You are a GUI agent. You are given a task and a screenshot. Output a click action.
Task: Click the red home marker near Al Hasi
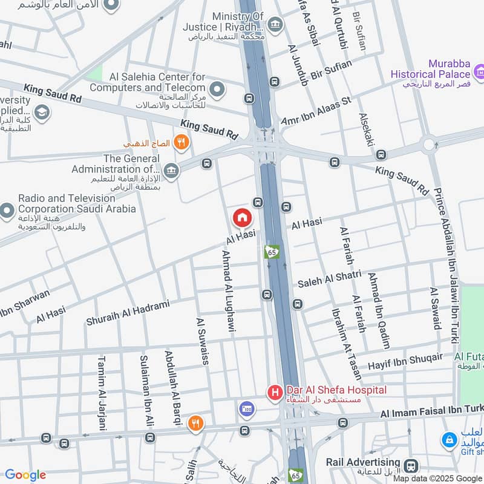[x=242, y=217]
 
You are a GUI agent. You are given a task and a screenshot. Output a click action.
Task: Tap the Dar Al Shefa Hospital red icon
[x=275, y=393]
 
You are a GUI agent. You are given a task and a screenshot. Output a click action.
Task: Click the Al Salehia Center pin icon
[x=217, y=91]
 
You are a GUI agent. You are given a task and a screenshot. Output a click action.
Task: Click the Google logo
[x=25, y=475]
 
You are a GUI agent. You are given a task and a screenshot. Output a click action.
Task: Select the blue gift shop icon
[x=449, y=440]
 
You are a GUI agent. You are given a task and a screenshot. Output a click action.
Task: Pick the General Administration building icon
[x=171, y=172]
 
